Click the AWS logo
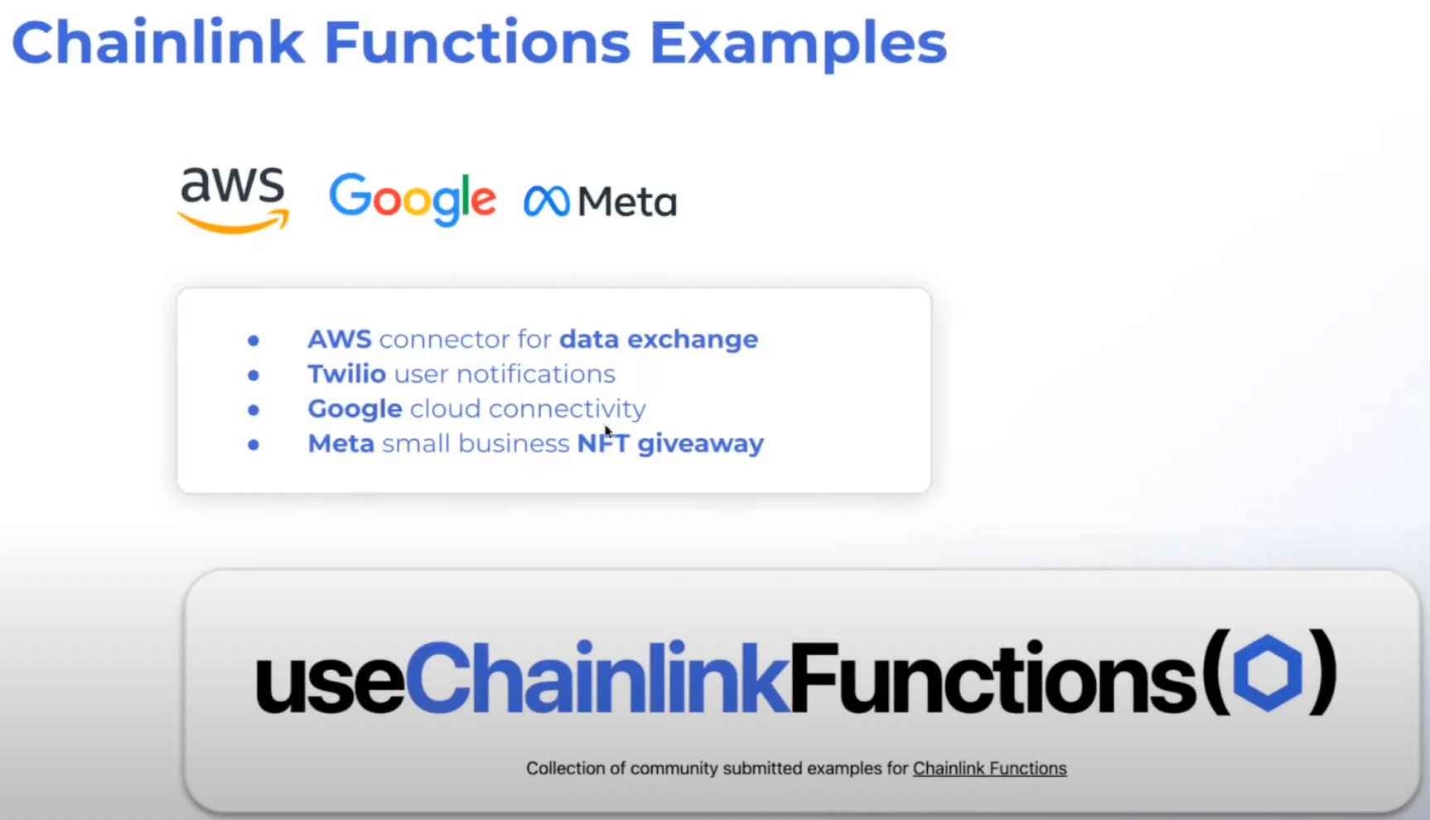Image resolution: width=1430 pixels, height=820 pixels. click(234, 200)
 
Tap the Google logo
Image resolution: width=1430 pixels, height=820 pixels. click(413, 200)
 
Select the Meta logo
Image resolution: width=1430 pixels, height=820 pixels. click(601, 201)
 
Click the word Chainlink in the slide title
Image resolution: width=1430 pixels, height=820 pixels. click(157, 42)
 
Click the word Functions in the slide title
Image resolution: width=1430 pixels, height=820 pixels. click(477, 42)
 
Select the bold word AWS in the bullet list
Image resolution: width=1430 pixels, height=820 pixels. click(340, 340)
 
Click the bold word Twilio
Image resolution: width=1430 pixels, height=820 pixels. click(347, 374)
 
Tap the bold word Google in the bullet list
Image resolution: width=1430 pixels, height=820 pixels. click(355, 409)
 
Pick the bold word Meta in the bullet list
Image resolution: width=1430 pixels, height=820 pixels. click(341, 444)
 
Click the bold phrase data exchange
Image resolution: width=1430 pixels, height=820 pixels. click(659, 340)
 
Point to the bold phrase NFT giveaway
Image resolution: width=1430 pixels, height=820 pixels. click(670, 444)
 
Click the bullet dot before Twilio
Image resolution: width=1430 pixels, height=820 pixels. click(254, 375)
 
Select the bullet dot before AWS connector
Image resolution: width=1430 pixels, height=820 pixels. click(254, 340)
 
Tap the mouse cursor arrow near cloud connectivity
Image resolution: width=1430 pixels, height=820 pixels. click(608, 432)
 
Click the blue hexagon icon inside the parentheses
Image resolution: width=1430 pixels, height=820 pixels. click(1268, 673)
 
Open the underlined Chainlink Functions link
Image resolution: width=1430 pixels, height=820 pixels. click(990, 769)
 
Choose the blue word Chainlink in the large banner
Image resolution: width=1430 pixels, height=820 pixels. click(597, 676)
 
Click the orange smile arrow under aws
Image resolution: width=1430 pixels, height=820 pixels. click(234, 221)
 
